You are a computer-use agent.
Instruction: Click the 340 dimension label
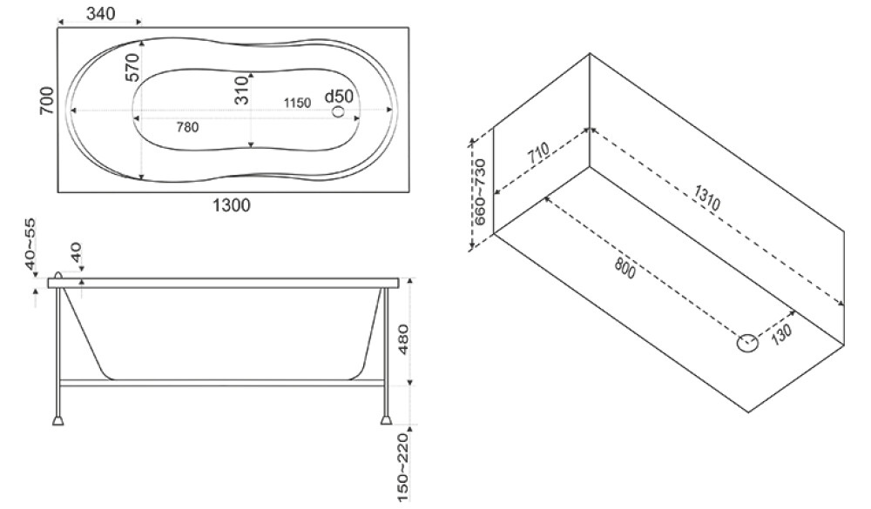pos(101,13)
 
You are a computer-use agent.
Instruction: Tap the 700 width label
pos(47,101)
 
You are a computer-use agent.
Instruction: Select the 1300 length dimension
pos(232,205)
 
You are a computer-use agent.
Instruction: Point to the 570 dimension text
pos(132,67)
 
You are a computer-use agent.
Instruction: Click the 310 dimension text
pos(241,90)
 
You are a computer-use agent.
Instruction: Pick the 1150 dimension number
pos(297,103)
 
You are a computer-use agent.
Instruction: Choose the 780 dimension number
pos(187,127)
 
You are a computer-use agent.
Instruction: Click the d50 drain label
pos(339,96)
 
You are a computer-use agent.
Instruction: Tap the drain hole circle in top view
pos(338,111)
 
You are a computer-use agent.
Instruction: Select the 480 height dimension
pos(403,339)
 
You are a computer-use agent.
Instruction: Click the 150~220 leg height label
pos(403,467)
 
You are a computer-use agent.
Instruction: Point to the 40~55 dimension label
pos(30,244)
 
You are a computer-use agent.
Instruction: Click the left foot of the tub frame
pos(57,419)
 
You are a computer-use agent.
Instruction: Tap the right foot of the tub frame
pos(386,419)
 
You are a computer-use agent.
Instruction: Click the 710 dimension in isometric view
pos(539,152)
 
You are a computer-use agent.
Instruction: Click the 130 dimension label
pos(782,334)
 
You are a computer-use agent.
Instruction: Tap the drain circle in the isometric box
pos(747,343)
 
